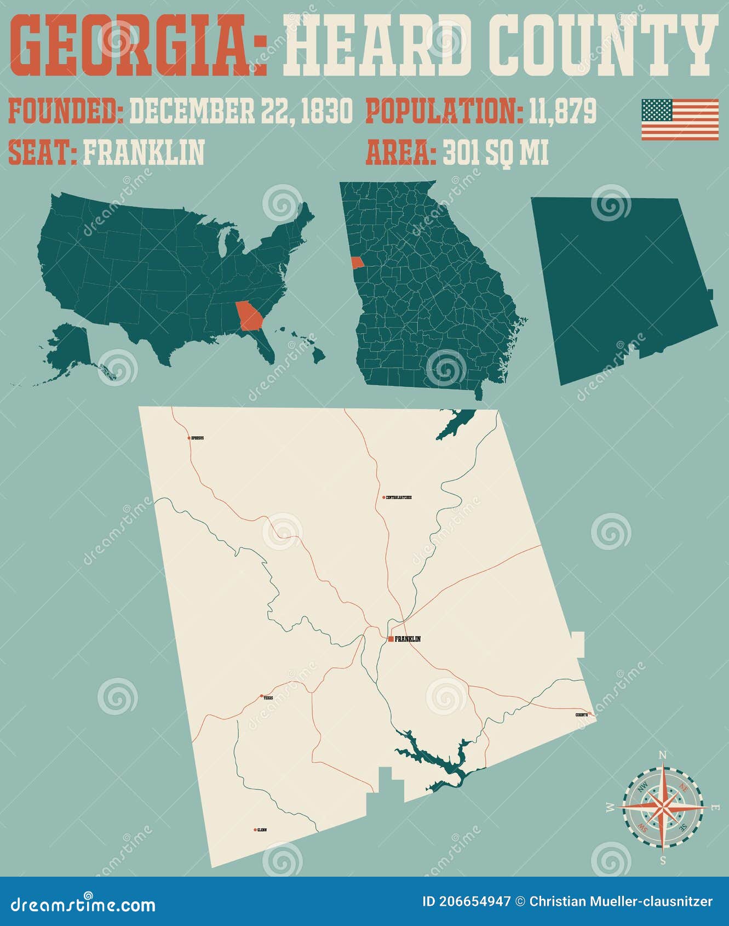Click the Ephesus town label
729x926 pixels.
coord(198,438)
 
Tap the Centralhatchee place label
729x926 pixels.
coord(399,498)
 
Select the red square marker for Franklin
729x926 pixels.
coord(391,639)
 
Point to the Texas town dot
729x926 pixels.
coord(261,697)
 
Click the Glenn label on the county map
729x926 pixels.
coord(261,830)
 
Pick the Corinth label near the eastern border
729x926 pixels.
coord(582,714)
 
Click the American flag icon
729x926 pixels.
coord(680,119)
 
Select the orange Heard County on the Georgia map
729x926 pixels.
coord(357,263)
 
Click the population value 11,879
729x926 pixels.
coord(562,112)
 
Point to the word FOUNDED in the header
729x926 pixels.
coord(66,112)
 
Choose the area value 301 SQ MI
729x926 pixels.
coord(495,153)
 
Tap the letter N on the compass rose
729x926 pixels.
coord(662,755)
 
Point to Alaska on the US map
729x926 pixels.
coord(68,348)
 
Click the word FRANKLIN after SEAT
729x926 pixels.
coord(143,153)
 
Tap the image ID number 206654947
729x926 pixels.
coord(467,902)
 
